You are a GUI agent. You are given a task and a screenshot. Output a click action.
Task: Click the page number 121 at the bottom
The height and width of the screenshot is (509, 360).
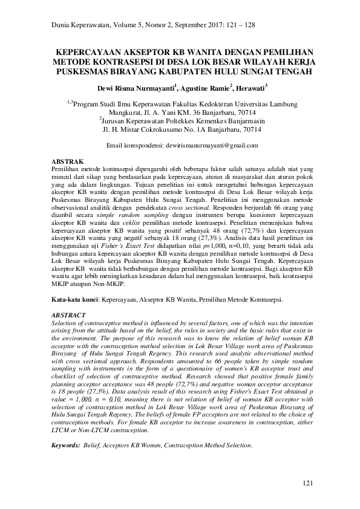309,484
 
